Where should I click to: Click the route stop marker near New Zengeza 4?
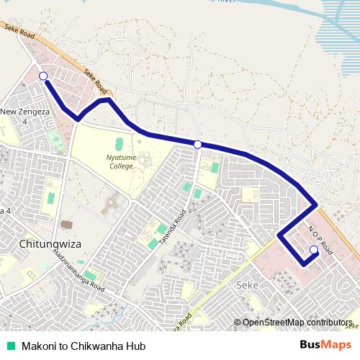point(43,76)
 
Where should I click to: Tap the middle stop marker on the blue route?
point(198,145)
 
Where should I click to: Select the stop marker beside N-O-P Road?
point(313,250)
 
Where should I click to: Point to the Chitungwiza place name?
point(51,243)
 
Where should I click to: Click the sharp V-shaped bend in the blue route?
point(77,120)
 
